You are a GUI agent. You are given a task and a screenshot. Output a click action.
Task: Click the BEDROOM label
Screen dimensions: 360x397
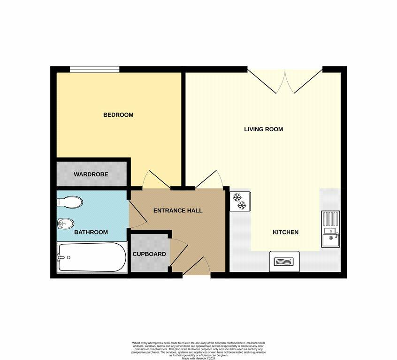[x=118, y=115]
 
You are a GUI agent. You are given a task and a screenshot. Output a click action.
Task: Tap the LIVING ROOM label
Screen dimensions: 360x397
[x=263, y=129]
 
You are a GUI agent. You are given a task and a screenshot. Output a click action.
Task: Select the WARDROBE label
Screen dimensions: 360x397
[x=91, y=174]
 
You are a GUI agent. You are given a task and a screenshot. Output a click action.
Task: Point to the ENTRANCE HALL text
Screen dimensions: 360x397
[x=178, y=210]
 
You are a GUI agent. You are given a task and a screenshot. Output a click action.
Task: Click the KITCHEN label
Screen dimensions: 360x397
[x=286, y=232]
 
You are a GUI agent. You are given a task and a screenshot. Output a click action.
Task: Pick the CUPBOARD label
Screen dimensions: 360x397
[x=149, y=254]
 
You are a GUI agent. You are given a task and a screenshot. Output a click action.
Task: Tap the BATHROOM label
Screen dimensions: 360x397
[x=91, y=232]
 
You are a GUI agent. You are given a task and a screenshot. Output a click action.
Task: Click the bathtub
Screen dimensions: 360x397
[x=92, y=257]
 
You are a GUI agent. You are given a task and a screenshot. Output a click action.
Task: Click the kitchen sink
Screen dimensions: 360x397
[x=330, y=230]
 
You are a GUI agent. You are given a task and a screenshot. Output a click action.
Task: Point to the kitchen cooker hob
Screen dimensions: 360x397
[x=284, y=261]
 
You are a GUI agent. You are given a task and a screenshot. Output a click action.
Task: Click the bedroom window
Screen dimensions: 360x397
[x=94, y=69]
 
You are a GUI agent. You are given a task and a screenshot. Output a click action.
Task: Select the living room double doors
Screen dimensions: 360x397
[x=285, y=81]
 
